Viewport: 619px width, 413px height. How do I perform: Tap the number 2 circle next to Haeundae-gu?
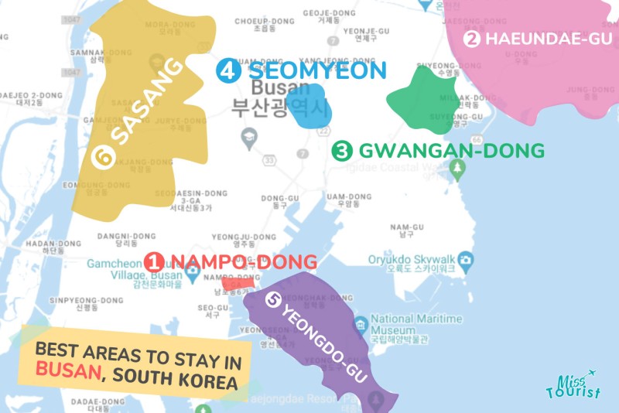473,39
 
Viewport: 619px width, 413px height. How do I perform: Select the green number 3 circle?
341,151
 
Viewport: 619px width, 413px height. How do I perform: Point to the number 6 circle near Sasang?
100,157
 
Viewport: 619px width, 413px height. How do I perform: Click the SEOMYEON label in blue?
316,71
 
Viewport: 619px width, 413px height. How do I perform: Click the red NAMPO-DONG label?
243,261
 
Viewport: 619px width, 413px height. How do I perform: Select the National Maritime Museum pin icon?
360,323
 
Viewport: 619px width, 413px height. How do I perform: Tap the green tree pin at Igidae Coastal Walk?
457,168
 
